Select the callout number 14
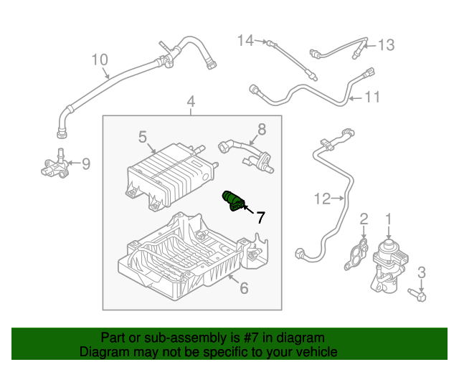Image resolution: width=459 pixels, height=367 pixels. [x=246, y=40]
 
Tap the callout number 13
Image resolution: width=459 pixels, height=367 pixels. [x=386, y=45]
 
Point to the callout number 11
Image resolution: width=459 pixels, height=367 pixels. [x=372, y=97]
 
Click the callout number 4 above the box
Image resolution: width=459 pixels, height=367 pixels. [x=191, y=103]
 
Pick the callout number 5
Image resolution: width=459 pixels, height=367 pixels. [x=142, y=135]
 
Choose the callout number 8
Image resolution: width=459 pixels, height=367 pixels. [x=261, y=129]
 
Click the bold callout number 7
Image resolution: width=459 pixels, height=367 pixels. [x=260, y=216]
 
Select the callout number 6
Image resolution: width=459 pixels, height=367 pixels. [x=243, y=288]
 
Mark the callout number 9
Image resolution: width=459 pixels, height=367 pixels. [x=86, y=164]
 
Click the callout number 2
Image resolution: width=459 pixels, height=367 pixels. [x=364, y=218]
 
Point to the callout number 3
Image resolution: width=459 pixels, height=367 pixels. [x=422, y=272]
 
